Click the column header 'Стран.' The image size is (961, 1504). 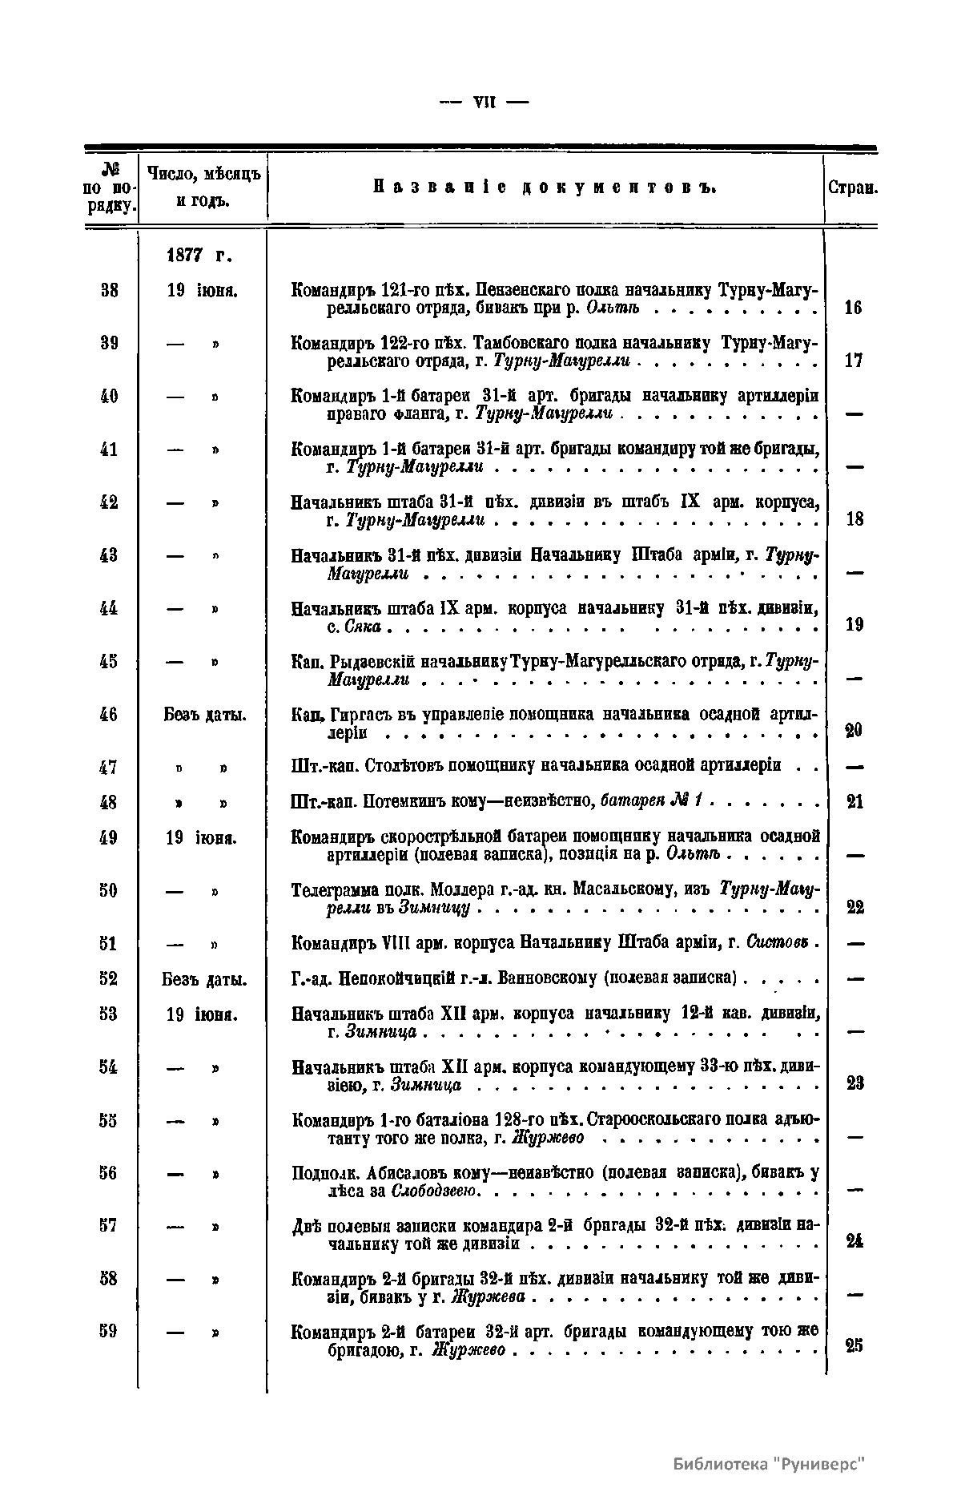(x=853, y=190)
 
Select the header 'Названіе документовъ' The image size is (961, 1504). (x=545, y=188)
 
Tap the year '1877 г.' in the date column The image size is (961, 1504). (x=199, y=256)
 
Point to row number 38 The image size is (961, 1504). (x=111, y=291)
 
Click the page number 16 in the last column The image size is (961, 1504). (x=854, y=308)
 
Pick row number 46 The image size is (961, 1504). (x=110, y=714)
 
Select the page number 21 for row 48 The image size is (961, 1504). (x=854, y=801)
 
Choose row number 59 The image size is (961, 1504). (x=110, y=1331)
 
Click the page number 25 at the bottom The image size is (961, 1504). (x=854, y=1347)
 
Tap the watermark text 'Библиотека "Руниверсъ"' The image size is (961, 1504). (x=770, y=1464)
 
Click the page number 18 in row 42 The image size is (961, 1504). (x=854, y=518)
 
